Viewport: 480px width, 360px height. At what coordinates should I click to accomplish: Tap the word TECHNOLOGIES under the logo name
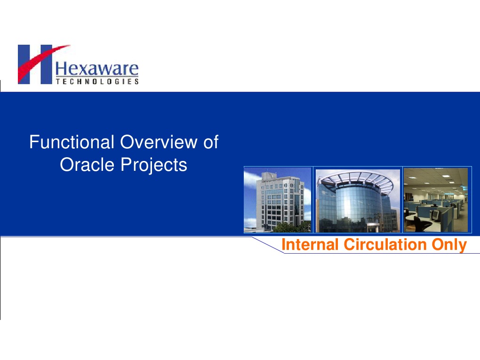pyautogui.click(x=97, y=81)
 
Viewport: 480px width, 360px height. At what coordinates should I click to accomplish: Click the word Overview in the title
pyautogui.click(x=159, y=142)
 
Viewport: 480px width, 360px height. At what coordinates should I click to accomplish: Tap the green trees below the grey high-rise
pyautogui.click(x=292, y=227)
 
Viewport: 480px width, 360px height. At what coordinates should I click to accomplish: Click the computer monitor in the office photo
pyautogui.click(x=435, y=214)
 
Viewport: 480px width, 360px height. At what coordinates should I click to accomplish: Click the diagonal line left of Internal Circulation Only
pyautogui.click(x=267, y=245)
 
